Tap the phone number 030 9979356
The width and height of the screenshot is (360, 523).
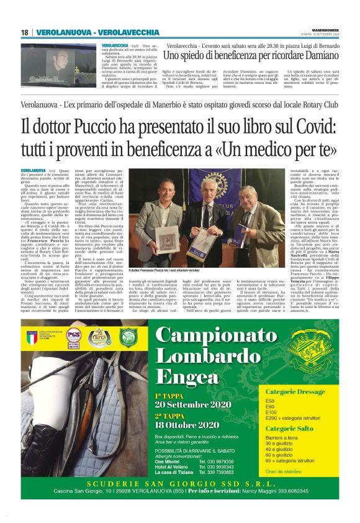point(217,461)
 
